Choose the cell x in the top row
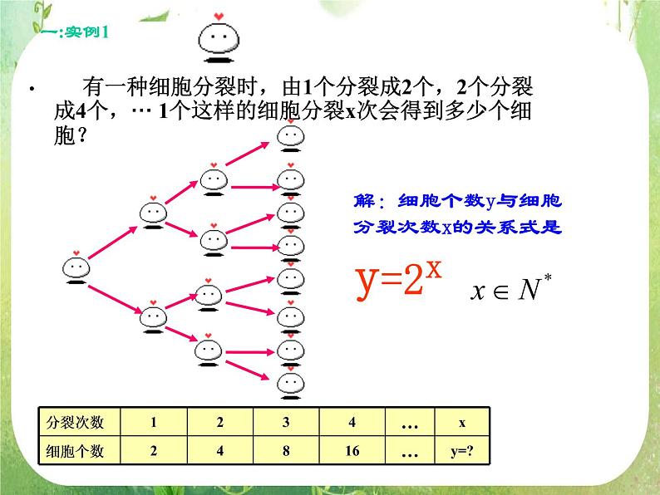462,422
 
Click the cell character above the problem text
218,37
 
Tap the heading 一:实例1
74,33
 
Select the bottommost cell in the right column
290,381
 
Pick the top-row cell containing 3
285,422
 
